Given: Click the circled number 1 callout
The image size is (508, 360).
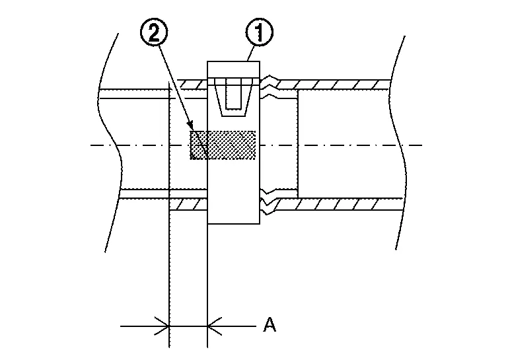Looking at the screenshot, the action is [x=259, y=32].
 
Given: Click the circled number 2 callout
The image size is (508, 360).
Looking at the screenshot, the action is [x=154, y=32].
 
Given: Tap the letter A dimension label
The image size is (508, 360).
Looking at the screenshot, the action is [x=270, y=325].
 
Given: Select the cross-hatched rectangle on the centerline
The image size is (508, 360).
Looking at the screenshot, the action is [x=223, y=145].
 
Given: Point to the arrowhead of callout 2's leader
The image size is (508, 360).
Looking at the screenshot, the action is [x=190, y=126].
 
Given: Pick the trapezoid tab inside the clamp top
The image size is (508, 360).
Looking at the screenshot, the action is [x=233, y=97].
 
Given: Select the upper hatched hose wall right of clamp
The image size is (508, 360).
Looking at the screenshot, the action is [x=334, y=85].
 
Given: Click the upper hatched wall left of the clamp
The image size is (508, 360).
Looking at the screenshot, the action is [x=192, y=85].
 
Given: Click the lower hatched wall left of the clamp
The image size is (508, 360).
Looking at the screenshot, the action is [x=188, y=205].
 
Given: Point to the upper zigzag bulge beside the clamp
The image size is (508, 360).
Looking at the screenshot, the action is [x=270, y=87].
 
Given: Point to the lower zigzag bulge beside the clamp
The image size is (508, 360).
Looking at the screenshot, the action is [x=269, y=201].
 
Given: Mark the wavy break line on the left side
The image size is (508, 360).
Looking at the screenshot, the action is [x=110, y=143].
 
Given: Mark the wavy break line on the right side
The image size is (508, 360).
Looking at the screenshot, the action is [x=397, y=143].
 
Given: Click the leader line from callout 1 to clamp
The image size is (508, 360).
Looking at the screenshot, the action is [x=251, y=54].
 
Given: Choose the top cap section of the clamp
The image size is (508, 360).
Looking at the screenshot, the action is [x=233, y=69].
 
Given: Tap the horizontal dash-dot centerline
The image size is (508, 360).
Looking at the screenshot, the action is [x=256, y=145].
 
